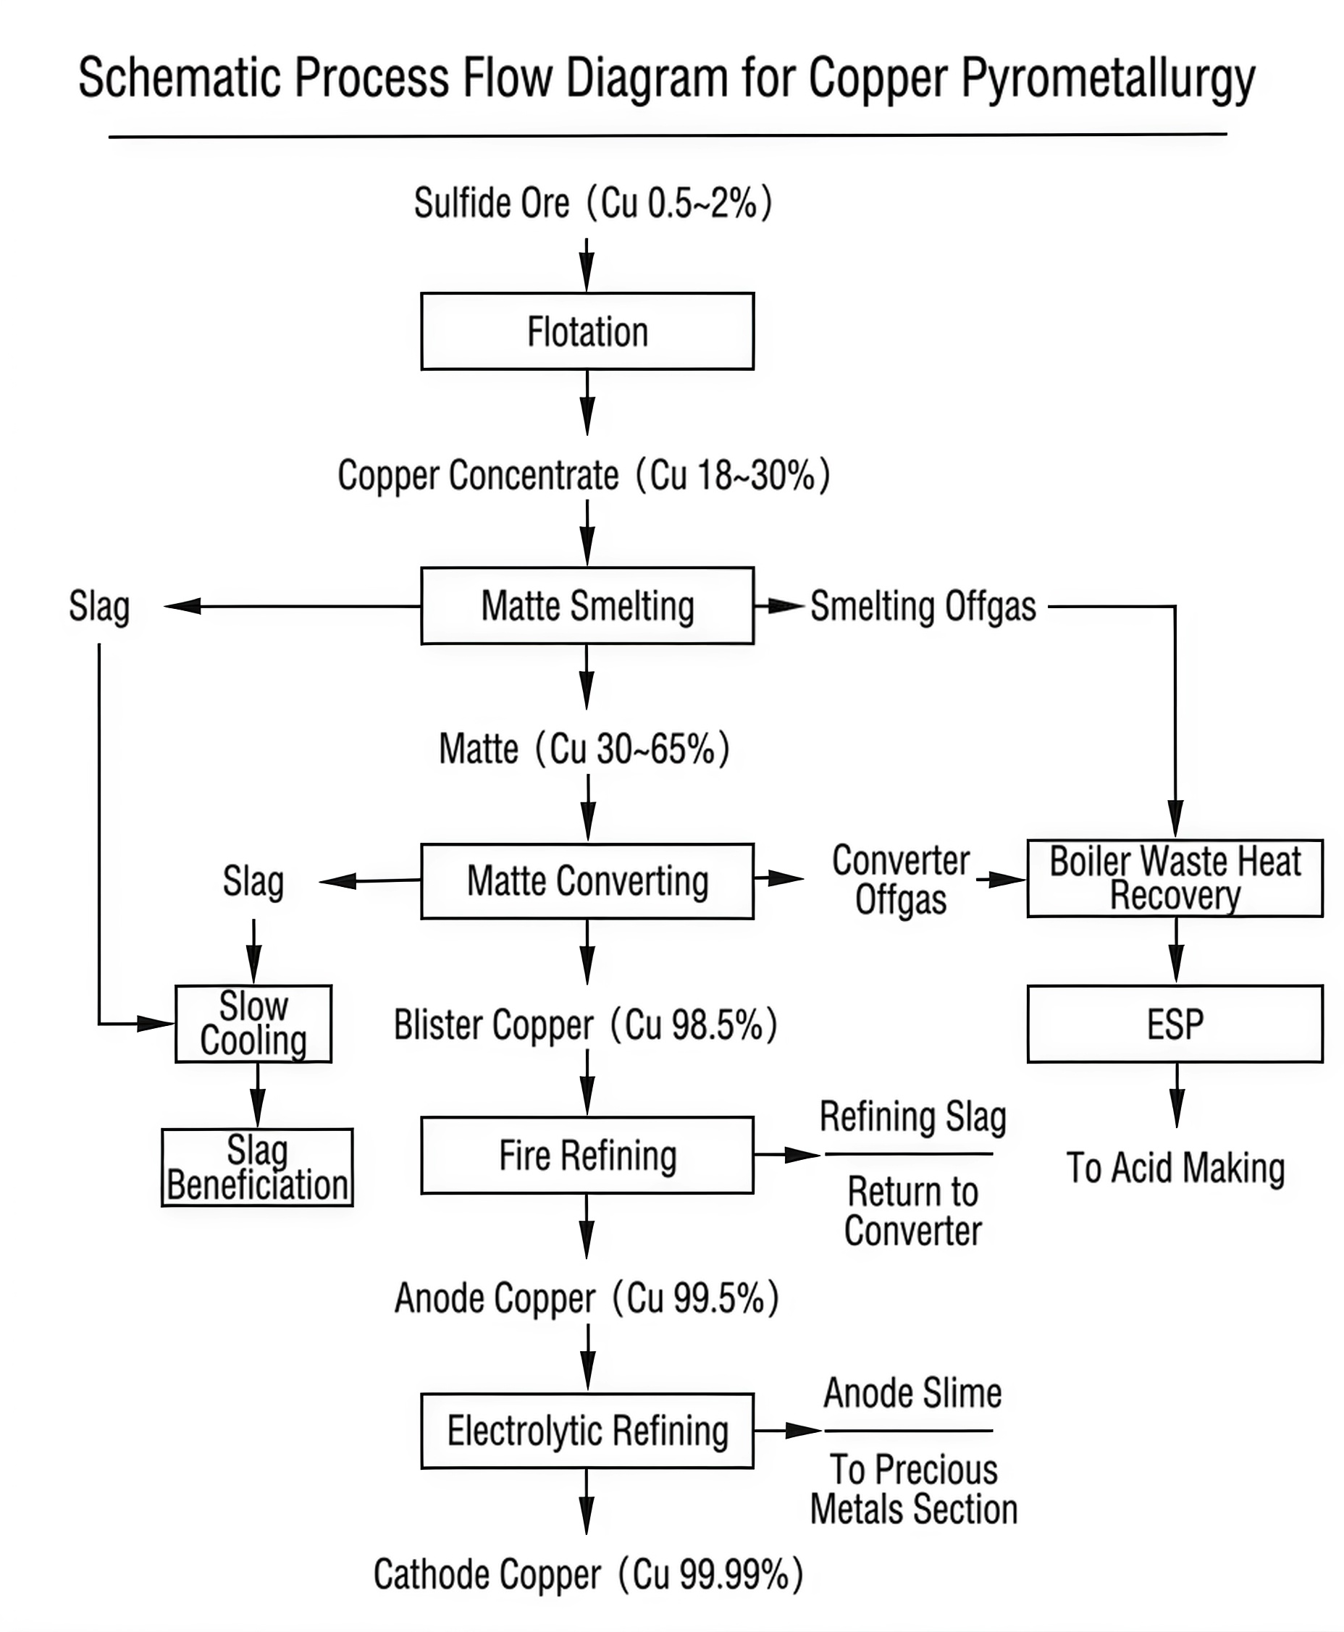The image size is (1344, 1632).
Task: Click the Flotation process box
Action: tap(587, 332)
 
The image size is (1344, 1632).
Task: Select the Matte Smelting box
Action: tap(587, 605)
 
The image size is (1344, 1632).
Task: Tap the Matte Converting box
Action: tap(587, 881)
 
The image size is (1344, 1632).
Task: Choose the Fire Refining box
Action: tap(587, 1155)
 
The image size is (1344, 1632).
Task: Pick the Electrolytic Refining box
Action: tap(587, 1431)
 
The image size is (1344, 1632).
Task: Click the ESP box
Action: tap(1175, 1024)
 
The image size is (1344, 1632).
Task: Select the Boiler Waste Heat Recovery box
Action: tap(1175, 878)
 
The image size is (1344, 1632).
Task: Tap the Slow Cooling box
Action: tap(254, 1024)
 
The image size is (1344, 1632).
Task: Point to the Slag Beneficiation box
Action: tap(258, 1167)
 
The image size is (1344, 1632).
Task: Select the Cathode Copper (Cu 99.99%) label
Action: tap(589, 1575)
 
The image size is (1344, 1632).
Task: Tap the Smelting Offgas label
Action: tap(923, 606)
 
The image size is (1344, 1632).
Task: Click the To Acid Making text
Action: tap(1175, 1167)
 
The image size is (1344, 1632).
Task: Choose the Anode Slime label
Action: tap(912, 1394)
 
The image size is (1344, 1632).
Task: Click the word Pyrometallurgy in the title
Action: tap(1109, 79)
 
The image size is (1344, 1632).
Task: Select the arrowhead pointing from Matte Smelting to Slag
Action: tap(182, 606)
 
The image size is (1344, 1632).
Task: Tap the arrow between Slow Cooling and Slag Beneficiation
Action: tap(258, 1095)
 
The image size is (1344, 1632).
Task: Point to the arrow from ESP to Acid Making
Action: tap(1177, 1095)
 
